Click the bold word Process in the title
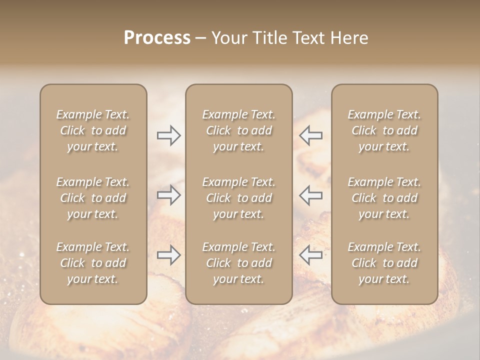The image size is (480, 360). tap(157, 38)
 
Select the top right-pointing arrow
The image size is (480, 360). tap(168, 135)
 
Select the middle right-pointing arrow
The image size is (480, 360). tap(168, 195)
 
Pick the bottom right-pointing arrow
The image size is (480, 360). tap(168, 255)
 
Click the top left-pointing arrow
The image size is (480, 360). tap(310, 135)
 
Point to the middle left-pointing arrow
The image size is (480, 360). tap(310, 195)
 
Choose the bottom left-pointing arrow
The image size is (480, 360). tap(310, 255)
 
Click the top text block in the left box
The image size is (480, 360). tap(93, 130)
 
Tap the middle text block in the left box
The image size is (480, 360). tap(93, 198)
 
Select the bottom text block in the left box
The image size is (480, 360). tap(93, 263)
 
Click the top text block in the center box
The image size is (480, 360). tap(238, 130)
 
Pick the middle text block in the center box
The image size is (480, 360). tap(238, 198)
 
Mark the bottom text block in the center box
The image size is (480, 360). tap(238, 263)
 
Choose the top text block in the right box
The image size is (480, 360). tap(384, 130)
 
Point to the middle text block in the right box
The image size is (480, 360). tap(384, 198)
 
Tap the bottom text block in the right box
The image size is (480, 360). tap(384, 263)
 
